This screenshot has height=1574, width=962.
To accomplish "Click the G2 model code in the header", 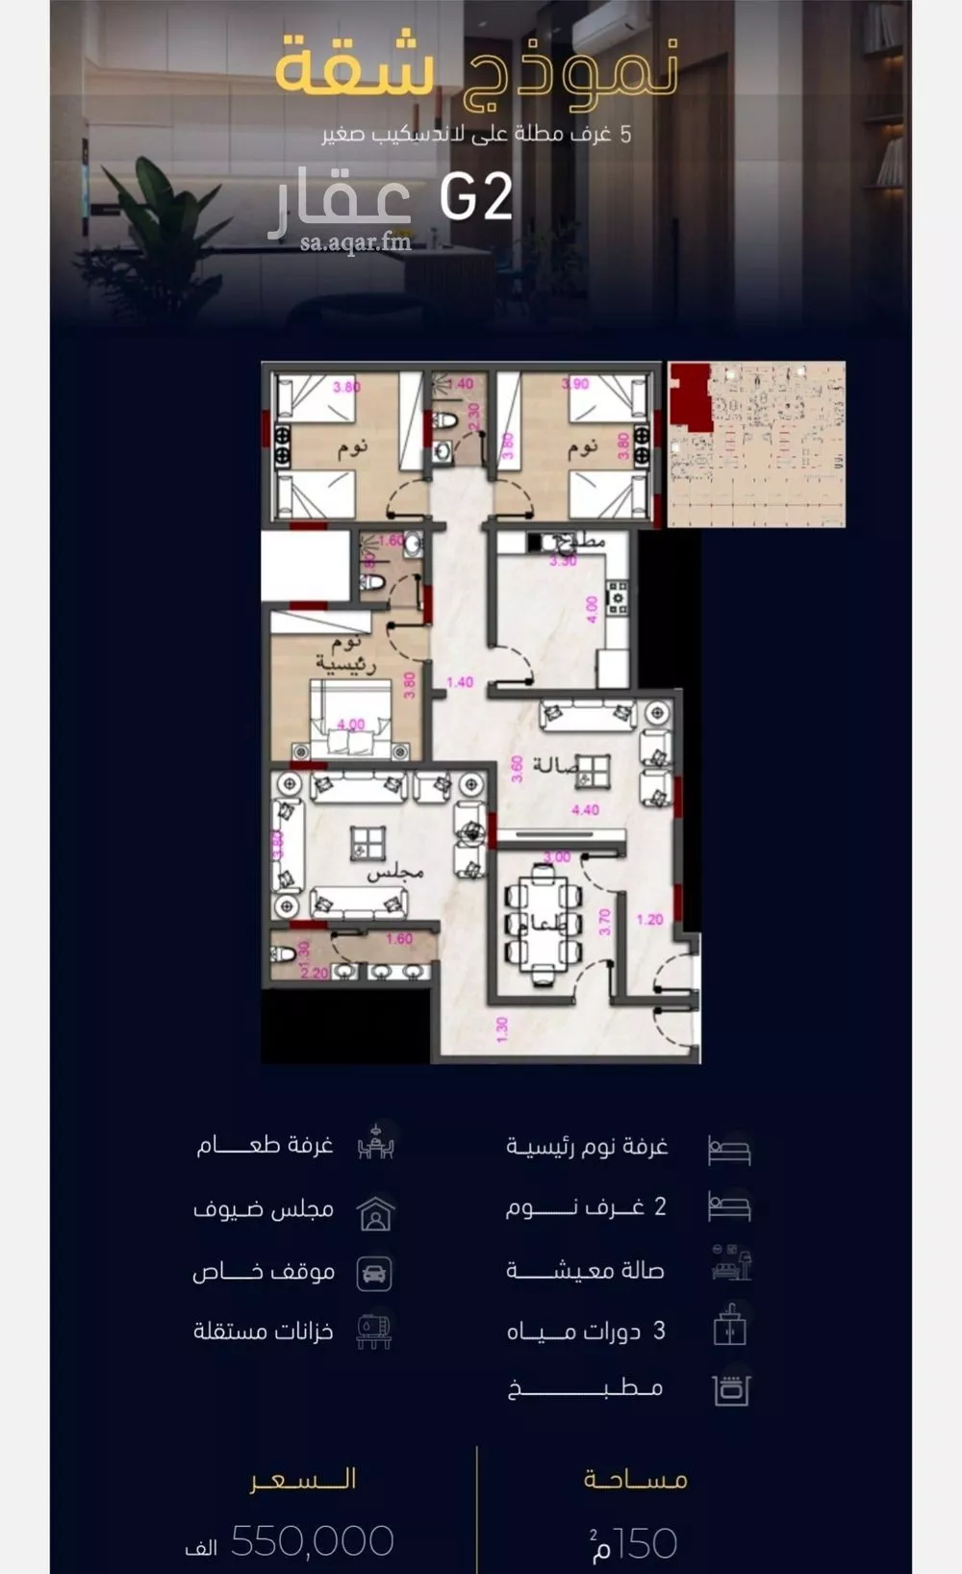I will click(x=475, y=198).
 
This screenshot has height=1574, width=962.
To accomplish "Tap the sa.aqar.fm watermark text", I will click(x=355, y=242).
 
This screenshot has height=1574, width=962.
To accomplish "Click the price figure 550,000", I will click(x=313, y=1541).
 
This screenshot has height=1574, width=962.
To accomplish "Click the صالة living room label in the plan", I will click(x=555, y=765).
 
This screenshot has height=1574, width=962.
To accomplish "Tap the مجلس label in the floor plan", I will click(x=394, y=872).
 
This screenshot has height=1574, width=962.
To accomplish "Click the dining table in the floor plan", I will click(x=543, y=925).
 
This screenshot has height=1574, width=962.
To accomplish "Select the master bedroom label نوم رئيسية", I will click(x=345, y=653).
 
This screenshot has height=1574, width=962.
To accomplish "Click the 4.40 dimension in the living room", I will click(x=585, y=810).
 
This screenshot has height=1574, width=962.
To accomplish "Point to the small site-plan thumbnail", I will click(x=756, y=444).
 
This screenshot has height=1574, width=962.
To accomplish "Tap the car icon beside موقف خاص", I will click(x=374, y=1273).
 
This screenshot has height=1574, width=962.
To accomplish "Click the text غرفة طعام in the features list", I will click(x=265, y=1145).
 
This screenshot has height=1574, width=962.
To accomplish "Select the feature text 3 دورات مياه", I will click(x=586, y=1331).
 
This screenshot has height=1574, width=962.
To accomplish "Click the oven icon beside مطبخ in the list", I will click(x=730, y=1389).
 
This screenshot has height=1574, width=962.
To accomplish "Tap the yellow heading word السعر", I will click(x=303, y=1479).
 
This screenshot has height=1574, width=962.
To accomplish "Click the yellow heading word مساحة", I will click(x=635, y=1479).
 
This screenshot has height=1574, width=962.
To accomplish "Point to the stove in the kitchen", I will click(x=617, y=597).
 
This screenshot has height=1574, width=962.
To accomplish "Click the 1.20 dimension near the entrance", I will click(x=649, y=920).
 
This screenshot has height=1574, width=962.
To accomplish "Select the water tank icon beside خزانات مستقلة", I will click(x=374, y=1331).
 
